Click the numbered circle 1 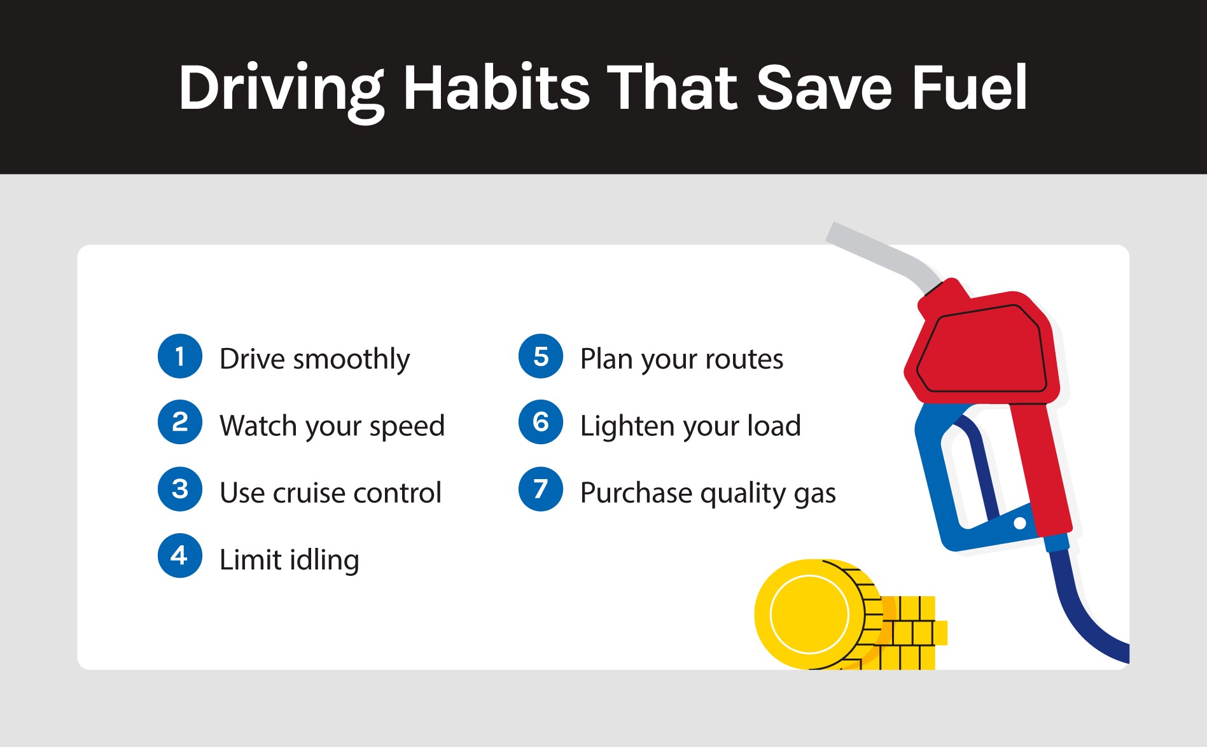tap(180, 356)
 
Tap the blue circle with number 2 tap(180, 422)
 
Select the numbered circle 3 tap(180, 489)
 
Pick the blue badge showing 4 tap(180, 555)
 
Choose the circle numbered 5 tap(541, 356)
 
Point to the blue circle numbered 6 tap(541, 422)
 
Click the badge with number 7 tap(541, 489)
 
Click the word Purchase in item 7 tap(636, 493)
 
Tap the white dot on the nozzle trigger tap(1020, 523)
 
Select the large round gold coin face tap(809, 614)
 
